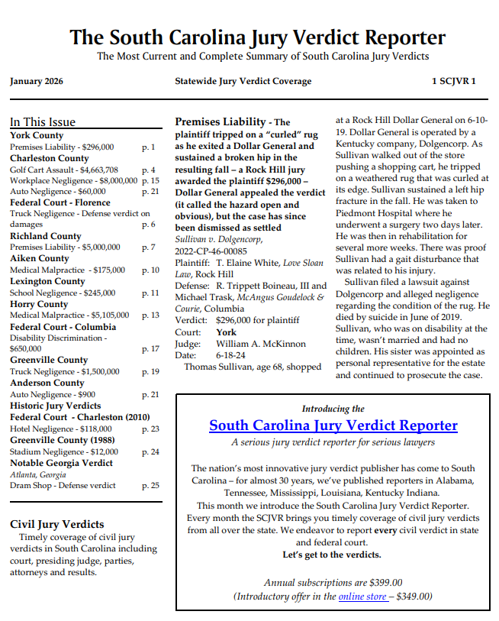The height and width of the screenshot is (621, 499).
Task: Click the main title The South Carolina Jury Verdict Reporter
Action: pyautogui.click(x=258, y=37)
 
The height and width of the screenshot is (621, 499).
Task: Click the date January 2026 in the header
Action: pyautogui.click(x=37, y=81)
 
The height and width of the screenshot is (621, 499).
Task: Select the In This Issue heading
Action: pyautogui.click(x=43, y=122)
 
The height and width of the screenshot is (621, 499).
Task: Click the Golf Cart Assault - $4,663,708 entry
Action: pyautogui.click(x=64, y=170)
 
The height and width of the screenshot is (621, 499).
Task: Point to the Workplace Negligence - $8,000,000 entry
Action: pyautogui.click(x=74, y=181)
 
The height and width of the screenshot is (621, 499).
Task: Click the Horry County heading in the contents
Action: pyautogui.click(x=39, y=304)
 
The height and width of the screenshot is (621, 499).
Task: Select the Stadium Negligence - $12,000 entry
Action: pyautogui.click(x=64, y=451)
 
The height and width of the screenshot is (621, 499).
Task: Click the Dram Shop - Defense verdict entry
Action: pyautogui.click(x=63, y=485)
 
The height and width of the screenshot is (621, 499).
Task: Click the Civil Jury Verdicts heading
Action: pyautogui.click(x=57, y=524)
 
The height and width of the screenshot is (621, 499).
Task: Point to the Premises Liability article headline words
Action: pyautogui.click(x=220, y=122)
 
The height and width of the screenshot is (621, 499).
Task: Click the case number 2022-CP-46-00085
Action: pyautogui.click(x=211, y=251)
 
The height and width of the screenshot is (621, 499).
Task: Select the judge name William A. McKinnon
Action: pyautogui.click(x=261, y=344)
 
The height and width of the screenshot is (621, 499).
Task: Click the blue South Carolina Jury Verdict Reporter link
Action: pyautogui.click(x=333, y=425)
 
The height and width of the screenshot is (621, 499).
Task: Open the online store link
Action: pyautogui.click(x=362, y=597)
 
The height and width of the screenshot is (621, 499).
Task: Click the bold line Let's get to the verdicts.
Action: pyautogui.click(x=332, y=555)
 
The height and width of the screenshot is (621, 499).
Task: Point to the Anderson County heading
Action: pyautogui.click(x=47, y=383)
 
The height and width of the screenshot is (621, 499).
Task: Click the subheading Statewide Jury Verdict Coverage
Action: pyautogui.click(x=243, y=81)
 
